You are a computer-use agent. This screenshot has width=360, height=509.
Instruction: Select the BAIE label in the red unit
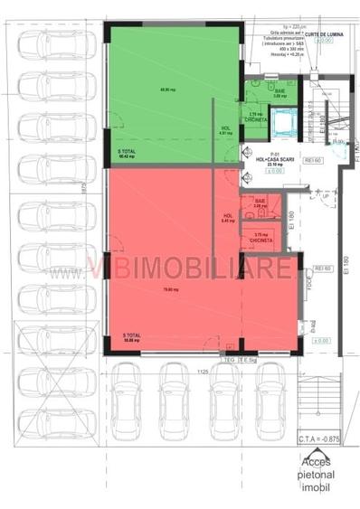pos(260,203)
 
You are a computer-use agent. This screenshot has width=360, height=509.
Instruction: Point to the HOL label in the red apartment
pos(229,217)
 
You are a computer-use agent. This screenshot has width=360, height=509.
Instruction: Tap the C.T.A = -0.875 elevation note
pos(318,439)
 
